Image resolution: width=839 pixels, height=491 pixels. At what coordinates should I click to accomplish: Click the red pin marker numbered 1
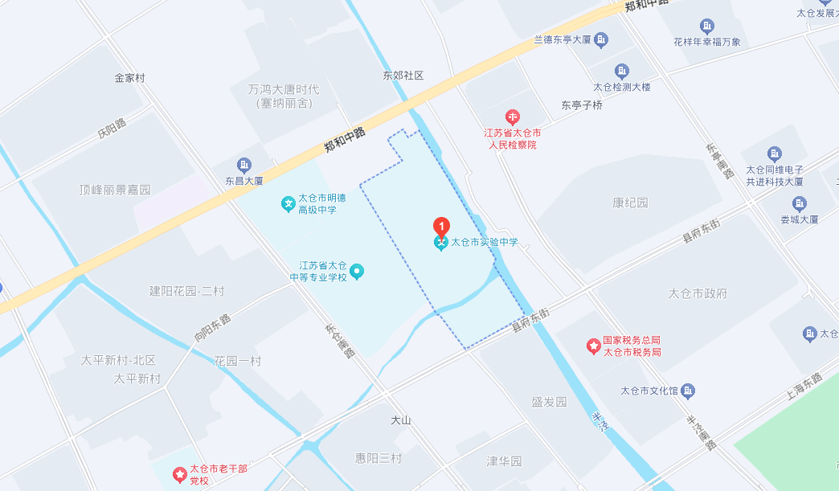click(440, 226)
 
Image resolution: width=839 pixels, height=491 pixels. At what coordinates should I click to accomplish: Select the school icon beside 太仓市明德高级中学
click(288, 204)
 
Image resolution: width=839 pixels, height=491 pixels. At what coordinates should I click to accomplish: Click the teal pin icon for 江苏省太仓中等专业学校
click(358, 272)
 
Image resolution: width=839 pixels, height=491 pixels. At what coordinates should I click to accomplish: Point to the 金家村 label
click(129, 78)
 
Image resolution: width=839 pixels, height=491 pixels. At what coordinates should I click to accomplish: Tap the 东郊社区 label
click(403, 76)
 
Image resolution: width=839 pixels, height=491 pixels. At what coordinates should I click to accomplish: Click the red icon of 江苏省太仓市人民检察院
click(512, 118)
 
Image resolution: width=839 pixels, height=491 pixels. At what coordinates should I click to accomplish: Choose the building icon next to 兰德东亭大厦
click(603, 39)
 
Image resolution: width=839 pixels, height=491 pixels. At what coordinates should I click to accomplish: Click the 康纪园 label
click(630, 203)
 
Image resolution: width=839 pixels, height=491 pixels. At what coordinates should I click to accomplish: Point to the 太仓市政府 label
click(698, 293)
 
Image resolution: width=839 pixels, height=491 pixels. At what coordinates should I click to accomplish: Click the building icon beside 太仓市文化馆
click(688, 391)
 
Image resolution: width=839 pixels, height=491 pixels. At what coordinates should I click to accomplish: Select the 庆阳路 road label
click(113, 129)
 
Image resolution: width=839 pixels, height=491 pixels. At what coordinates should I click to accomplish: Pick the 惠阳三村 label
click(379, 457)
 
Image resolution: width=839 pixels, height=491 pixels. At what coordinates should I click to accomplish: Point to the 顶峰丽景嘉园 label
click(115, 190)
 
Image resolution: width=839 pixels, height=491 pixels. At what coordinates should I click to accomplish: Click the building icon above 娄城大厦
click(799, 203)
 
